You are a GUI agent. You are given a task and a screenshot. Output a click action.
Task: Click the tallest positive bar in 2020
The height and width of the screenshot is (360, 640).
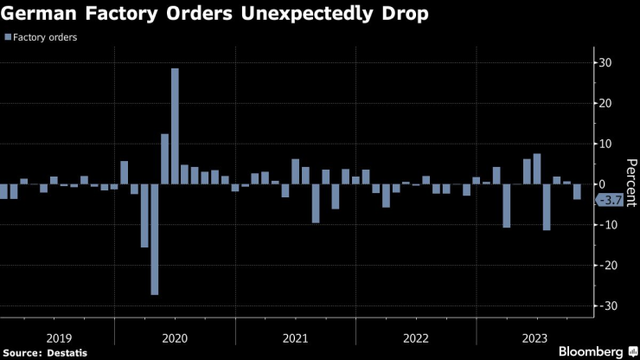point(175,125)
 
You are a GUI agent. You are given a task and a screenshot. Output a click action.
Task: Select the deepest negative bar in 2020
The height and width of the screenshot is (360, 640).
point(155,239)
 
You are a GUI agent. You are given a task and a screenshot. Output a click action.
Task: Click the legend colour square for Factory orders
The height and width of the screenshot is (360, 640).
point(8,37)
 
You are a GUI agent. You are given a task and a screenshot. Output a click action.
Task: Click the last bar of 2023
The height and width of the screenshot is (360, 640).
point(577,192)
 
